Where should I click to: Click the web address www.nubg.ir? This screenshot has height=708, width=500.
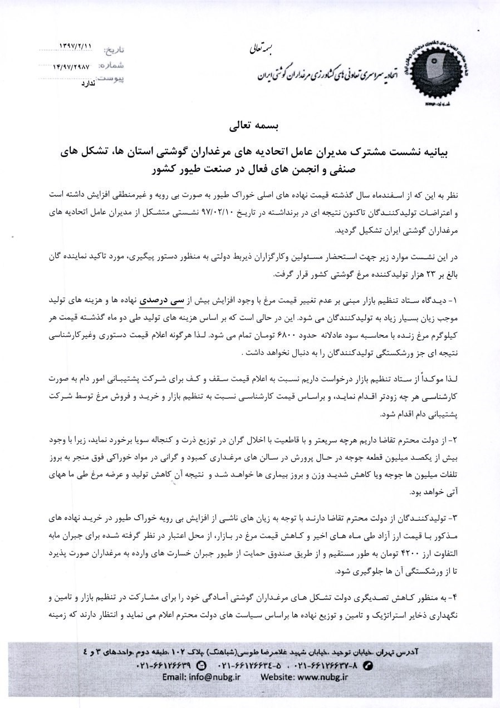pos(320,677)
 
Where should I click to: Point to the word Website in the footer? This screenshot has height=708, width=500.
pos(272,677)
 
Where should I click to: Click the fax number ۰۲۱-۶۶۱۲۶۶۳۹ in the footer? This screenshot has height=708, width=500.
pos(165,665)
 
